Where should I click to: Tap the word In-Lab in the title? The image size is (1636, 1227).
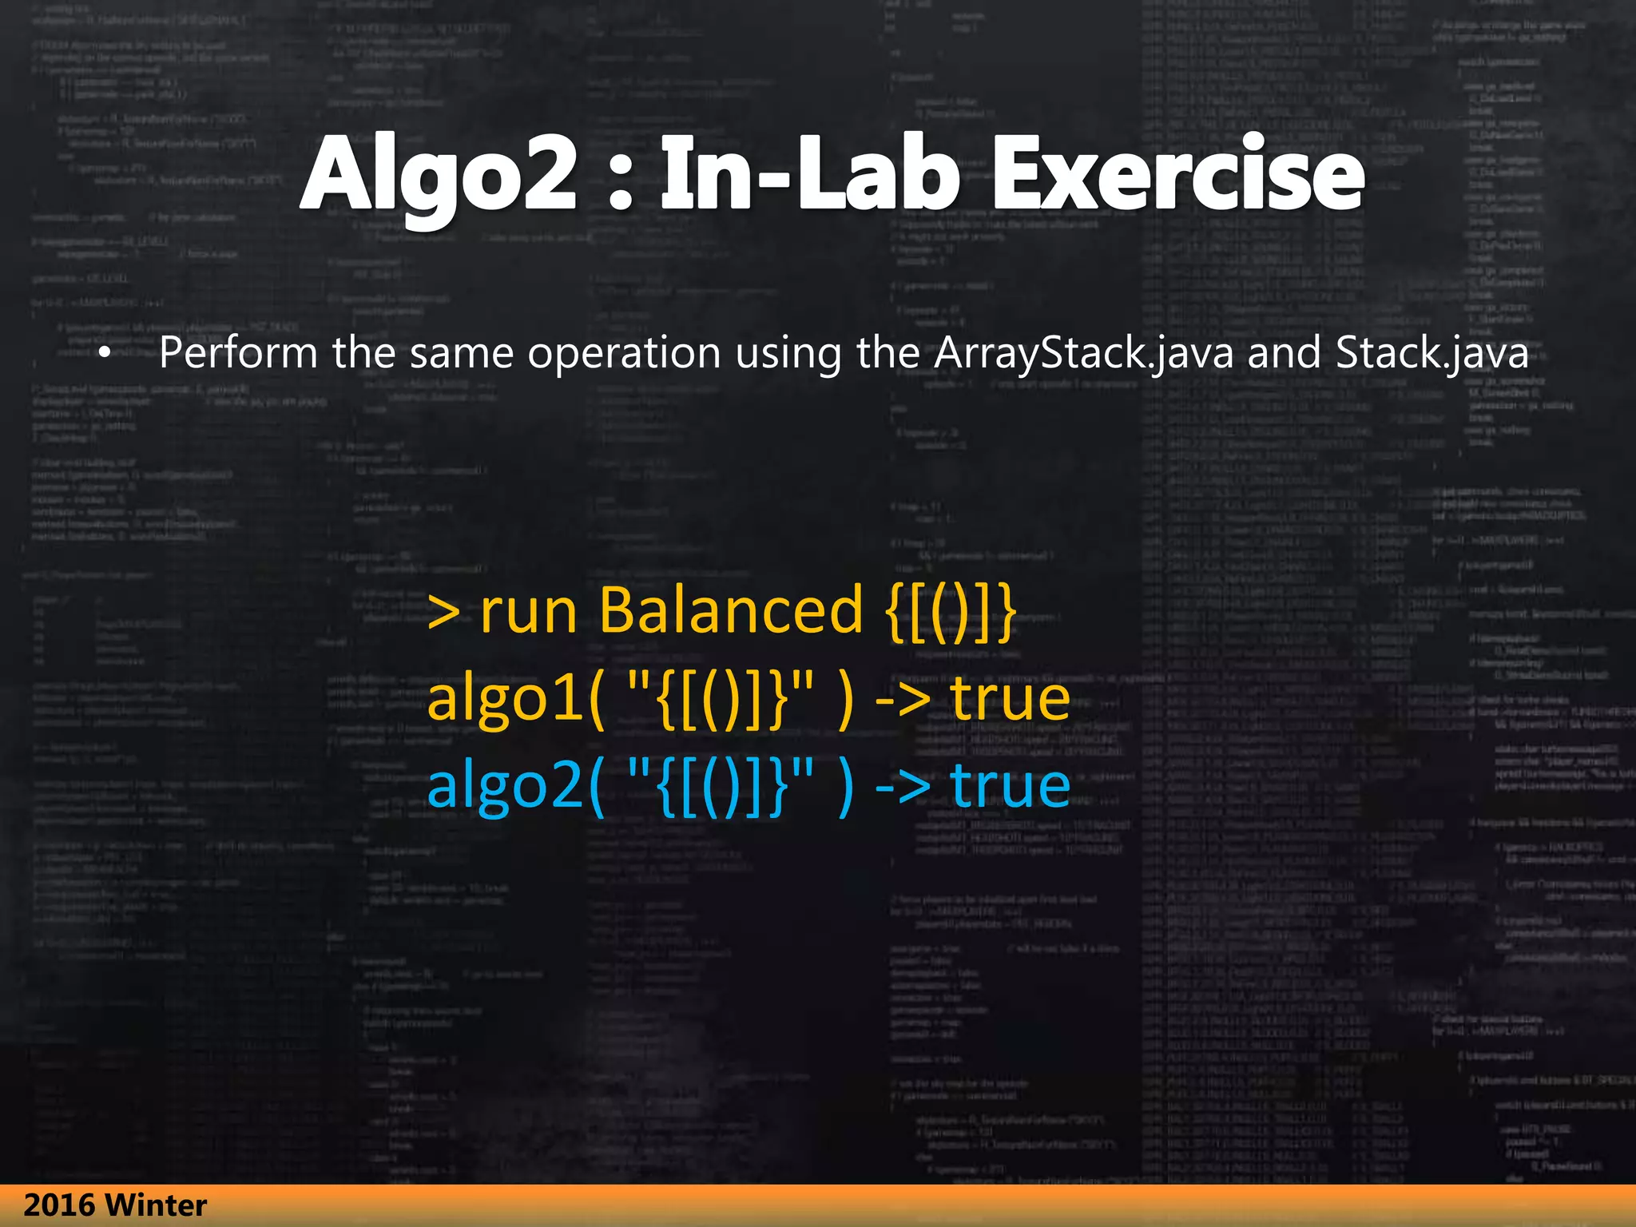(x=809, y=174)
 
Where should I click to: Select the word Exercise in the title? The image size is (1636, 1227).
(x=1177, y=174)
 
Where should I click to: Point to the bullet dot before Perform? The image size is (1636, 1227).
(x=104, y=353)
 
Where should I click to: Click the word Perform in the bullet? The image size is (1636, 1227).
(x=238, y=353)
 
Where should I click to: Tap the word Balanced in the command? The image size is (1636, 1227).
(x=731, y=610)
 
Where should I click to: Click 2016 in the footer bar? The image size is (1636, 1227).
(x=59, y=1205)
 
